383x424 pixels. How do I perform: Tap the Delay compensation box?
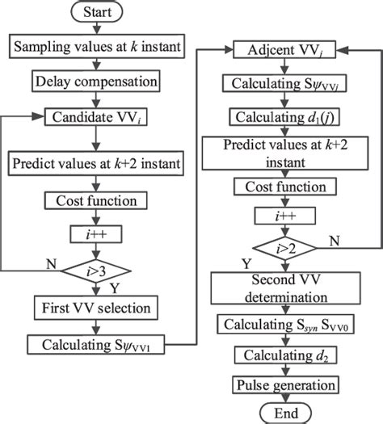(x=97, y=81)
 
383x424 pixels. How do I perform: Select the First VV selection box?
(x=97, y=307)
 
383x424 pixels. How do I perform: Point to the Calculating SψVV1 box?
(x=97, y=345)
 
